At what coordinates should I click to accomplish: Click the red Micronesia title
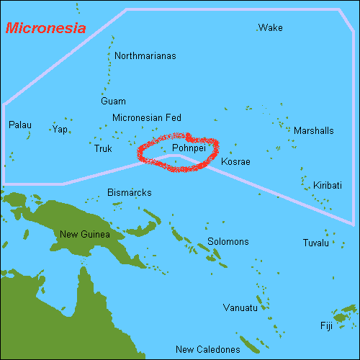point(45,29)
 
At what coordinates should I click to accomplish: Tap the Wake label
point(270,28)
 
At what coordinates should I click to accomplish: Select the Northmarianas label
point(145,55)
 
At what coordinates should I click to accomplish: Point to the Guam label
point(113,102)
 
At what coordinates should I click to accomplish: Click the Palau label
point(19,125)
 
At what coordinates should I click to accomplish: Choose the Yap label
point(60,130)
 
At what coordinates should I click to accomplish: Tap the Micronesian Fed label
point(147,117)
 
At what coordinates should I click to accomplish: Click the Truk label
point(103,149)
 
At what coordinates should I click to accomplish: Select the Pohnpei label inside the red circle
point(189,148)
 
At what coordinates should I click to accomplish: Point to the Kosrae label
point(235,162)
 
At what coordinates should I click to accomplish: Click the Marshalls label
point(313,131)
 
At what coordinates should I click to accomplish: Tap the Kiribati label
point(327,186)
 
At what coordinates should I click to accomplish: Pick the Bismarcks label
point(129,193)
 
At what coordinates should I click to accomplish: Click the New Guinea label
point(85,234)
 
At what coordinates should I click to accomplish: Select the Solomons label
point(228,242)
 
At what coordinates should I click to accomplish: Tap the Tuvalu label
point(315,243)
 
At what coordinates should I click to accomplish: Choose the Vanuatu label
point(240,308)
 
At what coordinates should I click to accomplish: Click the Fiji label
point(326,326)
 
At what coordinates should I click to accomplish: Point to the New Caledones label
point(208,350)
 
